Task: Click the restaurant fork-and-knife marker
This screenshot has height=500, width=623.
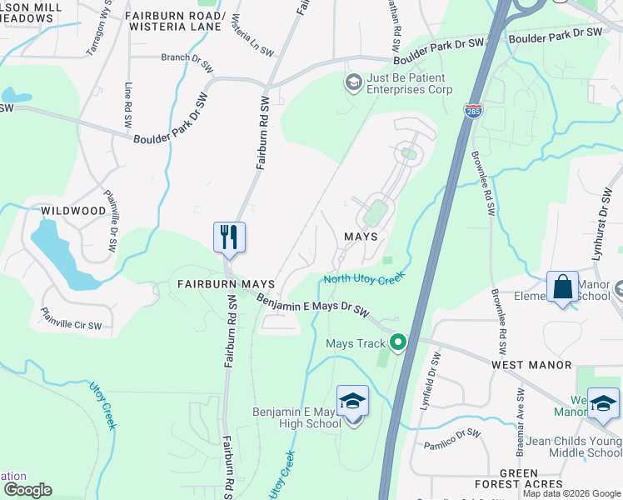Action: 228,237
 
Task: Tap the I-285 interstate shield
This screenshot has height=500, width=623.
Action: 472,111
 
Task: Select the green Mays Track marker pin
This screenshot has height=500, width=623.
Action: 399,342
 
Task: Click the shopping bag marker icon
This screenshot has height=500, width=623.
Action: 562,287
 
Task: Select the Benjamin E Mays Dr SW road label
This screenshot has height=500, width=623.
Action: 312,305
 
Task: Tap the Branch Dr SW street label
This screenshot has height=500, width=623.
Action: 188,58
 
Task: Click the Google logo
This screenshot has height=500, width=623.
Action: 27,490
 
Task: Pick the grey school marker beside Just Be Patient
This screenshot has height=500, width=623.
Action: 353,82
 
